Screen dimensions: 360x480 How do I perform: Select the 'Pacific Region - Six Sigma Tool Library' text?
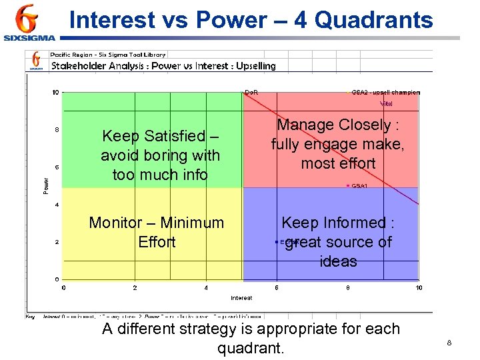pyautogui.click(x=108, y=55)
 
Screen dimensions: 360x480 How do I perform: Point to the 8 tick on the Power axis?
pyautogui.click(x=57, y=130)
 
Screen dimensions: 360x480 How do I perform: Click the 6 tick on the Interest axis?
pyautogui.click(x=277, y=288)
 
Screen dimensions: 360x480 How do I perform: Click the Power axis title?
pyautogui.click(x=46, y=185)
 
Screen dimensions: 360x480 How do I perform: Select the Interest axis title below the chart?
pyautogui.click(x=241, y=297)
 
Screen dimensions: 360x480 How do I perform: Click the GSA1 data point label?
pyautogui.click(x=359, y=185)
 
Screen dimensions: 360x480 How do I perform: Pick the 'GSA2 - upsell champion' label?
pyautogui.click(x=385, y=92)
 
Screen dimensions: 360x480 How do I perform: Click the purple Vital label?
pyautogui.click(x=386, y=103)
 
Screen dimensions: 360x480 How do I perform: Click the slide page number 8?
pyautogui.click(x=449, y=343)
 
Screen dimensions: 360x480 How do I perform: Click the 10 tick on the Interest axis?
pyautogui.click(x=419, y=288)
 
